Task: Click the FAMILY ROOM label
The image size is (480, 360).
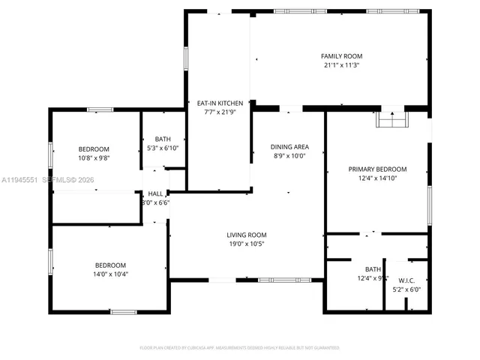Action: [x=341, y=56]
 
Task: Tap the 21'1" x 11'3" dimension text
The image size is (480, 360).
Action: [x=341, y=65]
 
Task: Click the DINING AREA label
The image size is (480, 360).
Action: [x=290, y=146]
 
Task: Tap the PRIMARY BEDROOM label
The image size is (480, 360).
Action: [x=377, y=169]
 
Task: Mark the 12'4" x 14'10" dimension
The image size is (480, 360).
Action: [x=377, y=178]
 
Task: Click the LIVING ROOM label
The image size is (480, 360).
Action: [x=247, y=235]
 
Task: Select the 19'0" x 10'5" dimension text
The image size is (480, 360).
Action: [x=247, y=244]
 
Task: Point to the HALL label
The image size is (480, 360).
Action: [x=155, y=193]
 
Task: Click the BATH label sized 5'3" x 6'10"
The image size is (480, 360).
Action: [x=163, y=139]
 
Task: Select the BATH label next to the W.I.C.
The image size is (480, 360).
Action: [x=373, y=269]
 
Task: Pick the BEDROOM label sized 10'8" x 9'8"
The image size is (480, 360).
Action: [x=94, y=148]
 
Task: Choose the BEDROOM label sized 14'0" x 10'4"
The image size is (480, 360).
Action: [x=110, y=265]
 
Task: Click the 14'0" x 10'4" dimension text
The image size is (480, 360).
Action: [x=110, y=274]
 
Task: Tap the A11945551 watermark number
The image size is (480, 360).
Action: [x=20, y=180]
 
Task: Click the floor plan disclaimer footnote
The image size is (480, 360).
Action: [x=240, y=348]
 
